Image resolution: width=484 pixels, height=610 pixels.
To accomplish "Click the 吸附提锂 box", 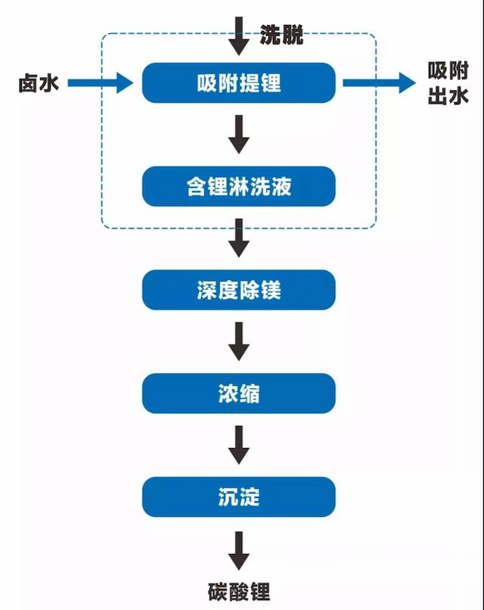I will coord(238,82).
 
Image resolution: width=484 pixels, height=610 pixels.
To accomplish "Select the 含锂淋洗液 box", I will coord(238,186).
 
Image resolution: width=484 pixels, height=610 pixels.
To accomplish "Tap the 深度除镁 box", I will coord(238,290).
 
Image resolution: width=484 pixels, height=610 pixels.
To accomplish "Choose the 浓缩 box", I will coord(238,393).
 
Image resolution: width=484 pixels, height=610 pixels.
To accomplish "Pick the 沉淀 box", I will coord(238,496).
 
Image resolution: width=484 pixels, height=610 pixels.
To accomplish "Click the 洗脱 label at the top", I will coord(281,35).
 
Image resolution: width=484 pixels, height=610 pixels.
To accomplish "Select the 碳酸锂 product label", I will coord(238,590).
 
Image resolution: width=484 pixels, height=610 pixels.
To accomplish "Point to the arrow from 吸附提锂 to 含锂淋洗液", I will coord(239,134).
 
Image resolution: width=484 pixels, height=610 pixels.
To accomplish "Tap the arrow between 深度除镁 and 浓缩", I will coord(239,341).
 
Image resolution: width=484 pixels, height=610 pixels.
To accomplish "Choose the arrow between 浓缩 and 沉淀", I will coord(239,445).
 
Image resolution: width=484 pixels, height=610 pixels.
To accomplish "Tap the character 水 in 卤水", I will coord(50,82).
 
